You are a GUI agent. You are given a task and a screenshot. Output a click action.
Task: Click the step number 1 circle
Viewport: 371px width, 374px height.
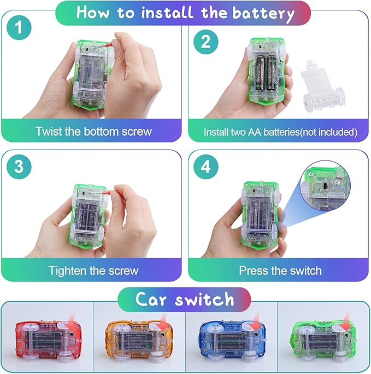19,27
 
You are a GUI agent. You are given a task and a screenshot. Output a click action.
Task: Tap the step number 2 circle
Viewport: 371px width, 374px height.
205,42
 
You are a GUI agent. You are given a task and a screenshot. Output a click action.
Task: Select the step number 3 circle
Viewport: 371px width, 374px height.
19,166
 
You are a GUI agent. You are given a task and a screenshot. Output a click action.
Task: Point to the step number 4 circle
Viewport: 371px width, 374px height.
205,166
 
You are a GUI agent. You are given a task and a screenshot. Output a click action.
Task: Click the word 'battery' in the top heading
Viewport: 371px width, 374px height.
263,14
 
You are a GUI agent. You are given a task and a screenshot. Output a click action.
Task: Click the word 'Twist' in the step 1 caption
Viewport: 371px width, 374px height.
49,131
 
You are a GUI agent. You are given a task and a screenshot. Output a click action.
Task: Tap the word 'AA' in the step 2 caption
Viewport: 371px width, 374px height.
255,132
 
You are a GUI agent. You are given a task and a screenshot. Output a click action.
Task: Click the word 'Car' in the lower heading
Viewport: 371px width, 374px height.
151,299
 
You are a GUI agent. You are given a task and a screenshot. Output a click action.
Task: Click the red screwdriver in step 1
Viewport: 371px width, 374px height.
104,47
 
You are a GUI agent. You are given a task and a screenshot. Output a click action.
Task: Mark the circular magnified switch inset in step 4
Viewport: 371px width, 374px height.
325,185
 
